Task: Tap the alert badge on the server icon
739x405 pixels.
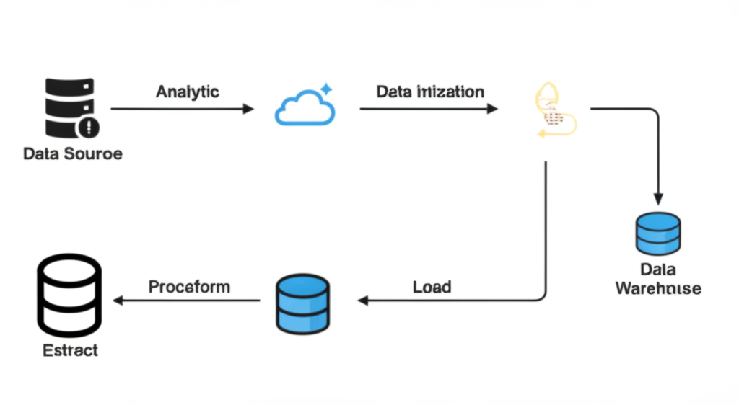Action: pos(89,128)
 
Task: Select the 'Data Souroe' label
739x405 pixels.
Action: pos(73,153)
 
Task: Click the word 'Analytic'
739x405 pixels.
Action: pos(188,92)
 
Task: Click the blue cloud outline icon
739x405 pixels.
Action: pos(305,110)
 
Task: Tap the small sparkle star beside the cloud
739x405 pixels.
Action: pos(326,89)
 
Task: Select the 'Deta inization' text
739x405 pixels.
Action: pos(430,92)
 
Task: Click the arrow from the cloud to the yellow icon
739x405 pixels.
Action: pos(429,109)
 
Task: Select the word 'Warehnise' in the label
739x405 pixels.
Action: pos(657,288)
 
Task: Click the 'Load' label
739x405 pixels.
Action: pos(432,287)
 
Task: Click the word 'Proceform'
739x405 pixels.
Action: pos(189,287)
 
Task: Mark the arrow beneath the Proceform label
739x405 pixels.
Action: pos(188,300)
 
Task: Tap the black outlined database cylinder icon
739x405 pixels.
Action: pos(69,293)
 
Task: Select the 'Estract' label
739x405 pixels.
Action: pos(70,351)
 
